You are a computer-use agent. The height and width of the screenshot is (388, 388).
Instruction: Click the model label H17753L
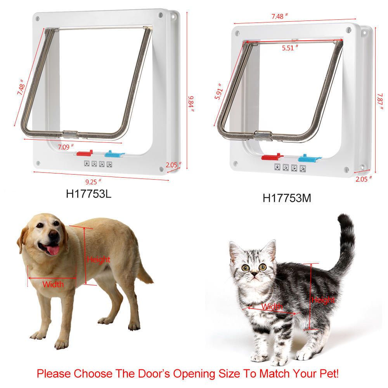coord(88,194)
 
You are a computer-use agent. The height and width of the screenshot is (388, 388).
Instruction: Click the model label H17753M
coord(287,198)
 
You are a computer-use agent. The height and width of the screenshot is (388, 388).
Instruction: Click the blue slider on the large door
coord(113,154)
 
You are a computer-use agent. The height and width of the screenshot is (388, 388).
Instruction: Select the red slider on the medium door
coord(272,157)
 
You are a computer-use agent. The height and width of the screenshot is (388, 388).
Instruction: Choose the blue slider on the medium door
coord(309,158)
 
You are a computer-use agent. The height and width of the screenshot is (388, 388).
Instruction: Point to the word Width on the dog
coord(53,284)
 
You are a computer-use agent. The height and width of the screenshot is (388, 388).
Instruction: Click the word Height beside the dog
coord(99,259)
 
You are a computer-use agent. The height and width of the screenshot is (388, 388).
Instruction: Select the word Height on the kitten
coord(323,300)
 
